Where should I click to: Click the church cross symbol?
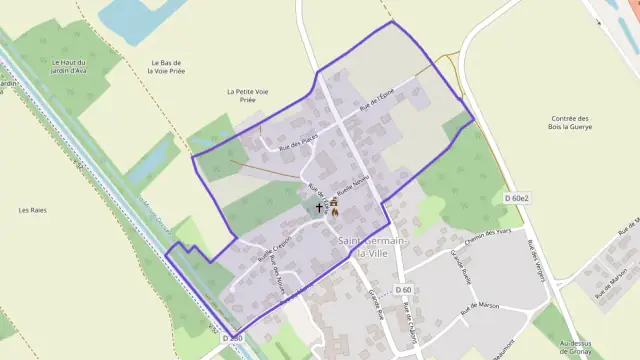(320, 209)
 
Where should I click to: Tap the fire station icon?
(335, 209)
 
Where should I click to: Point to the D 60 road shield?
(404, 289)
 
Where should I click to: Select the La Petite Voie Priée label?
(248, 95)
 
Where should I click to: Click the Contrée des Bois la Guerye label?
(572, 122)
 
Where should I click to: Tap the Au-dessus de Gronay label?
(605, 344)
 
